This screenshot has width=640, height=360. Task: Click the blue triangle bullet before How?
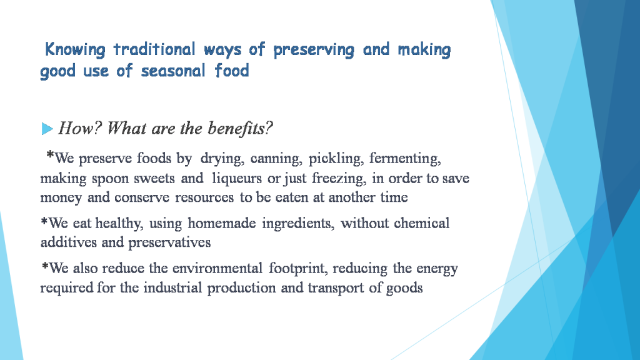(47, 129)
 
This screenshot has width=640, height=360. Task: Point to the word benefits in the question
(240, 129)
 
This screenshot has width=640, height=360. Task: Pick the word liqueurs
(238, 179)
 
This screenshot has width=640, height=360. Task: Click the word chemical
(422, 223)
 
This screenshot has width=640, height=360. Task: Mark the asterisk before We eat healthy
(44, 221)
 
